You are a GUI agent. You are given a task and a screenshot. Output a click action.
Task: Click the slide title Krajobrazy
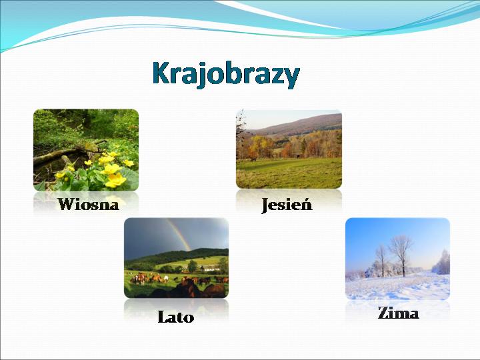[x=226, y=75]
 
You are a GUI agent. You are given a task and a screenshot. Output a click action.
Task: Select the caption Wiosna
[x=88, y=204]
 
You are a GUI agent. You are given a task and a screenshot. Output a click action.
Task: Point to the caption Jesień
[x=287, y=205]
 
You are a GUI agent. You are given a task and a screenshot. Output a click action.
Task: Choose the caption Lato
[x=176, y=317]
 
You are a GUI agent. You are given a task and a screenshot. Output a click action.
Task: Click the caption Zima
[x=398, y=313]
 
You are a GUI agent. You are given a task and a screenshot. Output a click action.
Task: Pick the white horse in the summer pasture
[x=165, y=278]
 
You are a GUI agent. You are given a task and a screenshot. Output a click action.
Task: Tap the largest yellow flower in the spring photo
[x=116, y=180]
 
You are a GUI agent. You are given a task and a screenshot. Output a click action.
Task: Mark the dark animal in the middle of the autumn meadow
[x=298, y=156]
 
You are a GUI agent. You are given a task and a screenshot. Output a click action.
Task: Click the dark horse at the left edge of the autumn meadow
[x=253, y=159]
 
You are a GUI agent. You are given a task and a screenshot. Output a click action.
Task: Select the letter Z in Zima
[x=383, y=313]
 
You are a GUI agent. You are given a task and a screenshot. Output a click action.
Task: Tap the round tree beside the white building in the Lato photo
[x=193, y=266]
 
